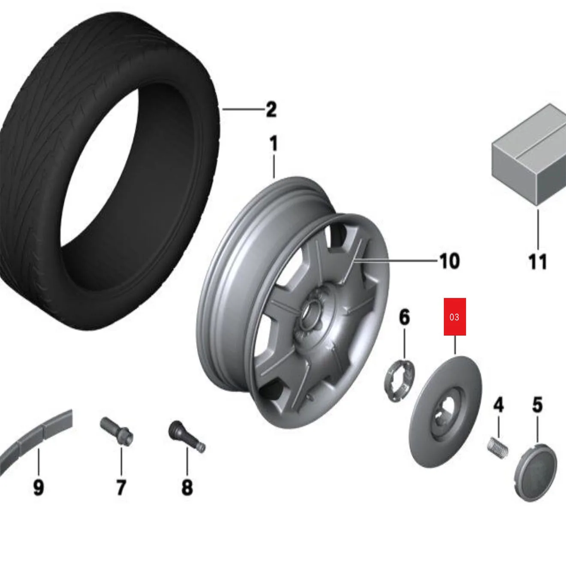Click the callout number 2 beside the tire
click(x=271, y=110)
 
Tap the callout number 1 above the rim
click(x=274, y=144)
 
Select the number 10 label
click(x=449, y=261)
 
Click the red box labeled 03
click(x=455, y=317)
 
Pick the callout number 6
click(x=404, y=317)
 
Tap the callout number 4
click(x=498, y=405)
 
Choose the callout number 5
click(x=538, y=405)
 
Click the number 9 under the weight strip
click(x=38, y=487)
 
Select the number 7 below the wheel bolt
click(x=121, y=487)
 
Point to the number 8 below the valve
click(x=187, y=487)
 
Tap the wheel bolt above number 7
click(x=117, y=431)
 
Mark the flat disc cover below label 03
click(x=446, y=412)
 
